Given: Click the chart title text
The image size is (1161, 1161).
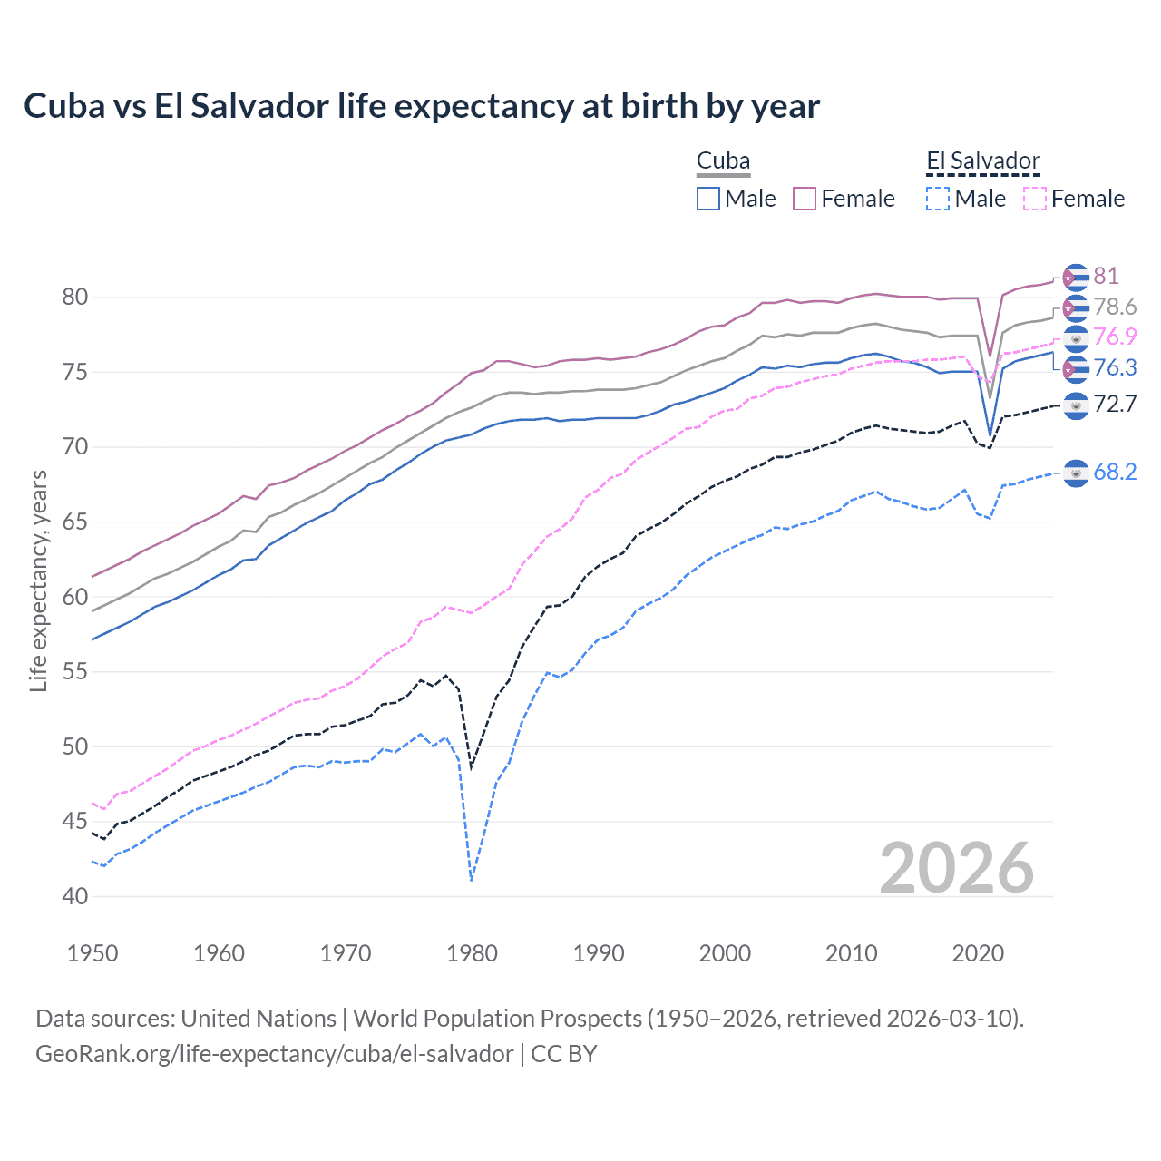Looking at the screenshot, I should pyautogui.click(x=422, y=106).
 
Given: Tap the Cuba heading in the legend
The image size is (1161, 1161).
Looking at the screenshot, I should pyautogui.click(x=723, y=161).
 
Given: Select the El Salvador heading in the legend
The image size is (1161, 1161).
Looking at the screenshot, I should pyautogui.click(x=982, y=161).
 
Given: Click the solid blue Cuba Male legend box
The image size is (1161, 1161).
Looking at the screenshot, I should pyautogui.click(x=708, y=199).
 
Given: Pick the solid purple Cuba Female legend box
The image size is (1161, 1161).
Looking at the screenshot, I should pyautogui.click(x=805, y=199).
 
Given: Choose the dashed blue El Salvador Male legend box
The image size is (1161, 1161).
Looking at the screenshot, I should pyautogui.click(x=938, y=199).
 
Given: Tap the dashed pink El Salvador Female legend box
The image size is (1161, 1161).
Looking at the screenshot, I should pyautogui.click(x=1035, y=199).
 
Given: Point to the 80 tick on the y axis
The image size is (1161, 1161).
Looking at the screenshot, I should pyautogui.click(x=75, y=298).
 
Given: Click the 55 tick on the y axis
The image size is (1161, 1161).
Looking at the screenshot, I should pyautogui.click(x=75, y=672).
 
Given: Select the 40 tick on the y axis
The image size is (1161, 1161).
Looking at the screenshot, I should pyautogui.click(x=75, y=896).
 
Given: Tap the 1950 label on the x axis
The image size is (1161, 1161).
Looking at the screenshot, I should pyautogui.click(x=93, y=953).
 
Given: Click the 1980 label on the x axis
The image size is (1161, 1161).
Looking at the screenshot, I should pyautogui.click(x=472, y=953).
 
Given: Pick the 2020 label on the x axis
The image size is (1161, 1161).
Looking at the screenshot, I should pyautogui.click(x=978, y=953).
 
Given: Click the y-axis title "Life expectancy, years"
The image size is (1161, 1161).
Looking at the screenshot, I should pyautogui.click(x=38, y=580).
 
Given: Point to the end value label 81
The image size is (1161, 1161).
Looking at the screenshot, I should pyautogui.click(x=1106, y=276).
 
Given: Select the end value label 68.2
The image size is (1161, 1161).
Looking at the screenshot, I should pyautogui.click(x=1115, y=472).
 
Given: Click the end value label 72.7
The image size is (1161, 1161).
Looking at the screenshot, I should pyautogui.click(x=1115, y=405).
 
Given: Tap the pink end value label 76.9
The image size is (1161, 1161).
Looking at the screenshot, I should pyautogui.click(x=1115, y=337).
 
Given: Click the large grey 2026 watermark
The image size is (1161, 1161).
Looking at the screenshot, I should pyautogui.click(x=957, y=868).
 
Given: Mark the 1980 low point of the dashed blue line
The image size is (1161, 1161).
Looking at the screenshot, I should pyautogui.click(x=472, y=880).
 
